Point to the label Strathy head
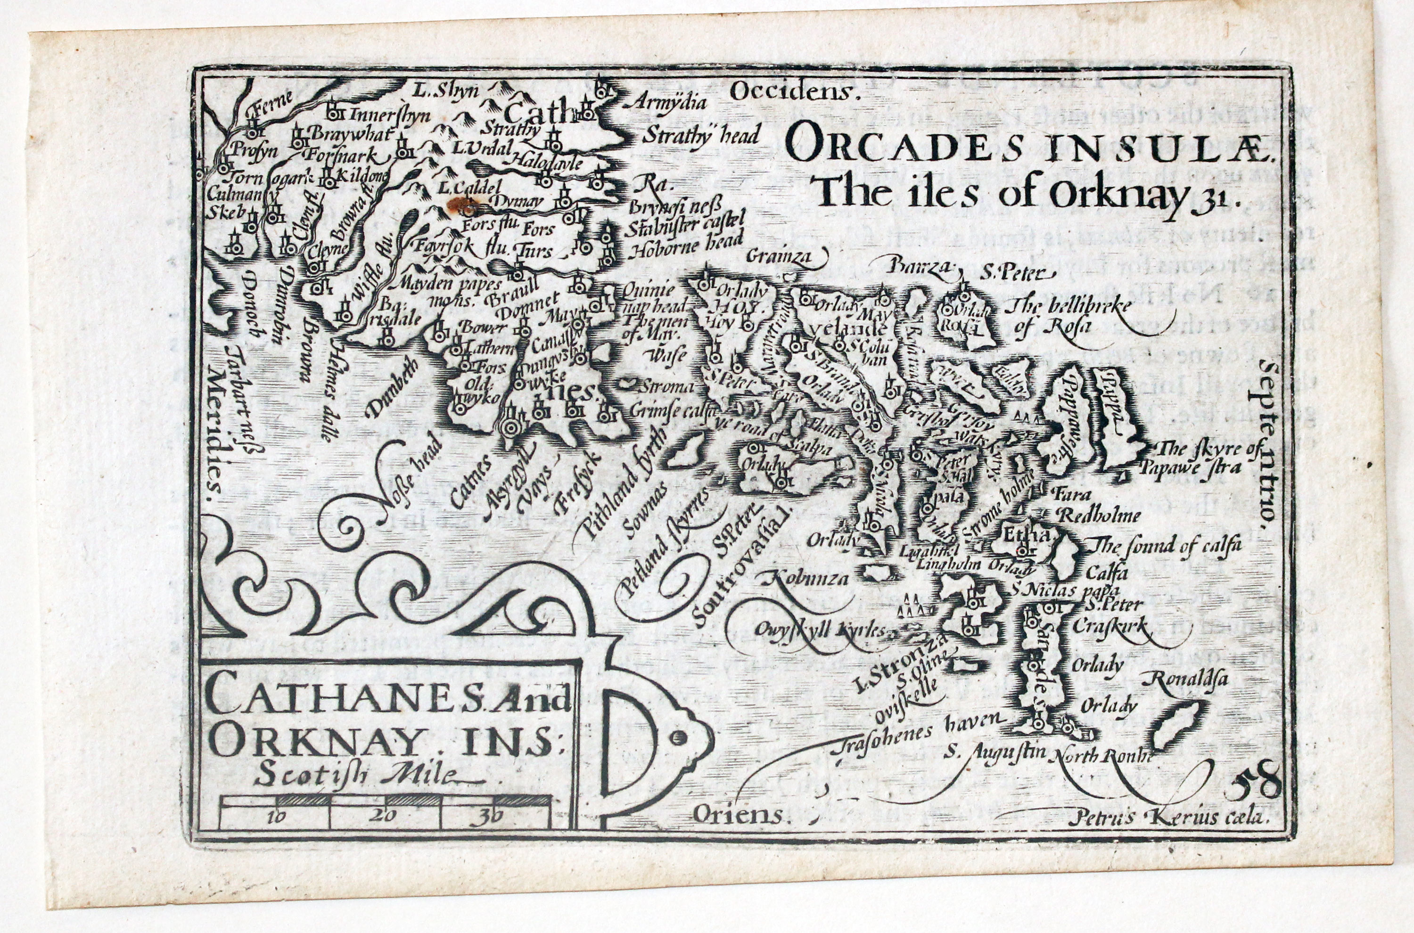(x=702, y=136)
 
